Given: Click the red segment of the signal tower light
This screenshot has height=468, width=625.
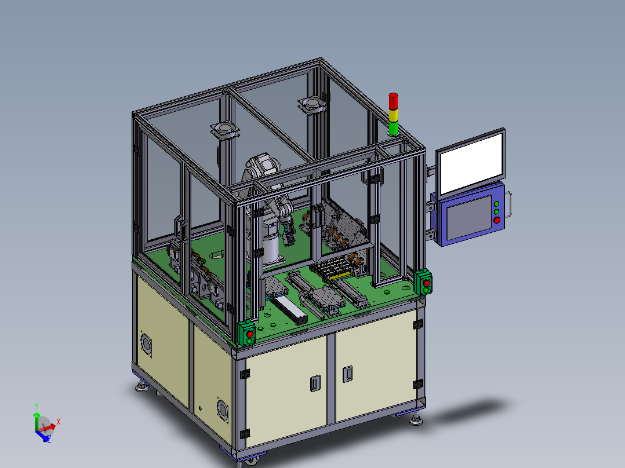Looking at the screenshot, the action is tap(393, 101).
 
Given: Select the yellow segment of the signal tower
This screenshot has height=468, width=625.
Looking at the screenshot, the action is tap(393, 115).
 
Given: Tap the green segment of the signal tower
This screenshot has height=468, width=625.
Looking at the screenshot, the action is tap(393, 129).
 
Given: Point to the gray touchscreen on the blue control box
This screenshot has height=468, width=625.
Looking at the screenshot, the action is tap(469, 218).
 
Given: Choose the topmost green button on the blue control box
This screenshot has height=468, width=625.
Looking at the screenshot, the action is tap(496, 204).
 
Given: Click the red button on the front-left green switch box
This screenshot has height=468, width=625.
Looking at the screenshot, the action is tap(250, 334).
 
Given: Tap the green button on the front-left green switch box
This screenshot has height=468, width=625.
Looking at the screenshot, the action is tap(250, 341).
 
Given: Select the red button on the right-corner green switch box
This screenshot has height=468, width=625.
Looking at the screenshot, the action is tap(427, 283).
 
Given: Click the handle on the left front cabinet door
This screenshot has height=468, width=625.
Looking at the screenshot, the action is tap(315, 383).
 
